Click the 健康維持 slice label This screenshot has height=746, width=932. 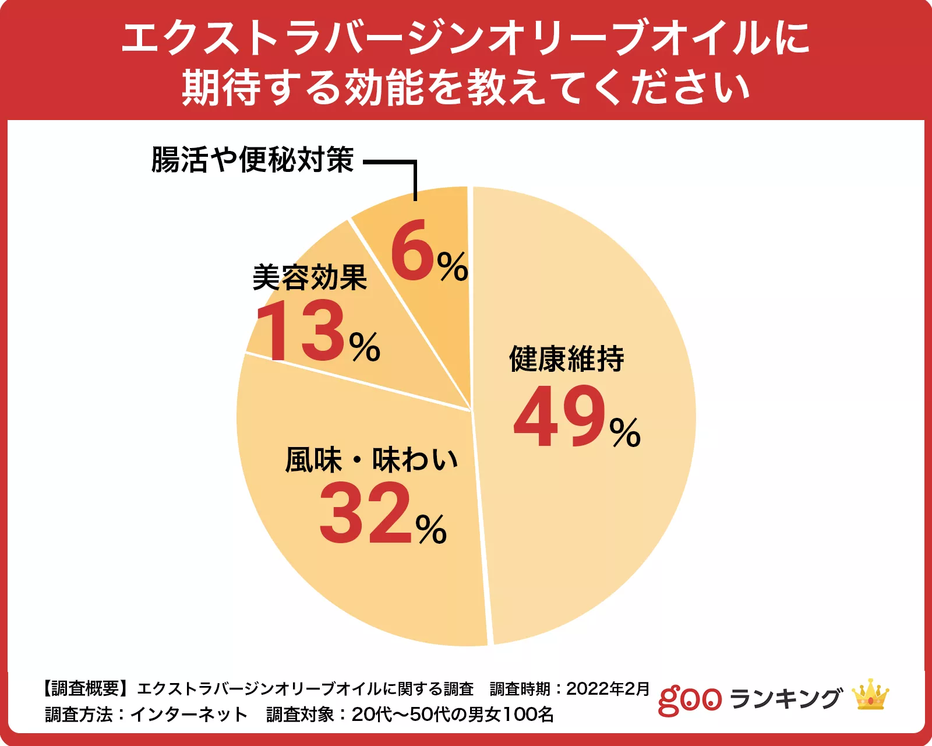click(x=566, y=358)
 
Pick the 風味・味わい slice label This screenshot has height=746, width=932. click(x=371, y=460)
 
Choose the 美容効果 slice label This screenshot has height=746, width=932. click(x=309, y=277)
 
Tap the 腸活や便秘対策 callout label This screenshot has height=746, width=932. click(x=252, y=159)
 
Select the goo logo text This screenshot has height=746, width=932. click(x=690, y=699)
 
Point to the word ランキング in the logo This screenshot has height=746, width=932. click(x=785, y=698)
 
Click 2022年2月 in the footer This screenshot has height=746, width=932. click(x=608, y=689)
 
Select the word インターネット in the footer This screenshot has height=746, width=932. click(x=189, y=715)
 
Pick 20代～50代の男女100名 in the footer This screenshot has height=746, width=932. click(x=453, y=715)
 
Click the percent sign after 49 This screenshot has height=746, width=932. click(x=625, y=433)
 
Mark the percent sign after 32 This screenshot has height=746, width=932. click(x=431, y=530)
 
